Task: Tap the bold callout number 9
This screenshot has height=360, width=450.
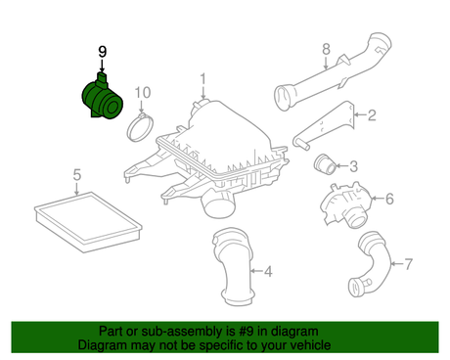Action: [103, 52]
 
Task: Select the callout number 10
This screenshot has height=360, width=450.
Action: [143, 93]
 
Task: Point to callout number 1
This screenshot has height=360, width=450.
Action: [203, 79]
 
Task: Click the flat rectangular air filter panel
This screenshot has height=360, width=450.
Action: [88, 222]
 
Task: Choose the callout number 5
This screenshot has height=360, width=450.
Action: [76, 175]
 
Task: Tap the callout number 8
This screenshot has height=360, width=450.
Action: [326, 49]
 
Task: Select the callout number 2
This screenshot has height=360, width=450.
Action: [372, 115]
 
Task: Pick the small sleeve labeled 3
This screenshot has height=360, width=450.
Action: [324, 163]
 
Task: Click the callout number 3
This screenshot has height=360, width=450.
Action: [353, 166]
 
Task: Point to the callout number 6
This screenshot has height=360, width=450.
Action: [389, 199]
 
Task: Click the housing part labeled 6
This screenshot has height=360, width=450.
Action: [345, 204]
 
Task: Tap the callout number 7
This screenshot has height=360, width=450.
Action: [408, 264]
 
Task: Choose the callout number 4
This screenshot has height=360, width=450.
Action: [268, 271]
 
